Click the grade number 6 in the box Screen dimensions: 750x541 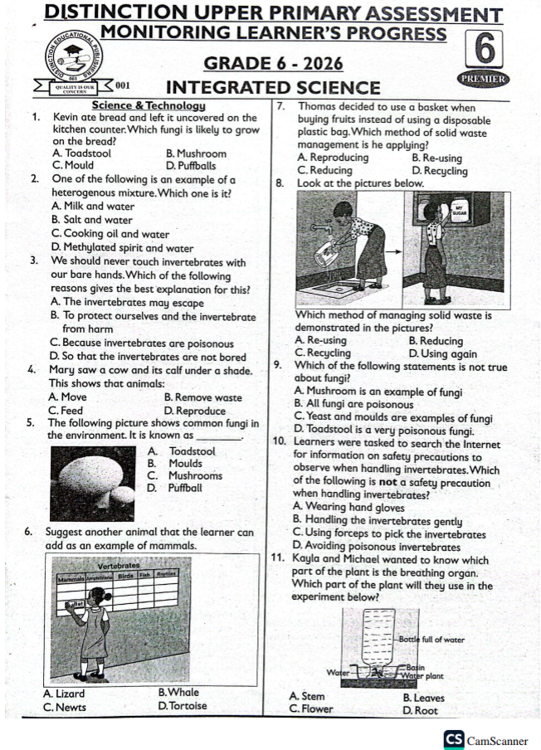coord(486,49)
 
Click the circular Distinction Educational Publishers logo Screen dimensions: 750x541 coord(75,54)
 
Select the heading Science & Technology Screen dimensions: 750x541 coord(149,105)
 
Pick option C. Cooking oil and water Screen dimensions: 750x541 coord(110,234)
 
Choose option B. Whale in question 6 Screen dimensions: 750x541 coord(178,693)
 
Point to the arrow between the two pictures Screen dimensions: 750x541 coord(395,248)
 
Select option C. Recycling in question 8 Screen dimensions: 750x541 coord(323,353)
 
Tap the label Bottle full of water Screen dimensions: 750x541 coord(431,640)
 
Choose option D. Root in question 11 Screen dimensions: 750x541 coord(420,711)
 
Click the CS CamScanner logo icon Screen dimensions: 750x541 coord(455,739)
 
